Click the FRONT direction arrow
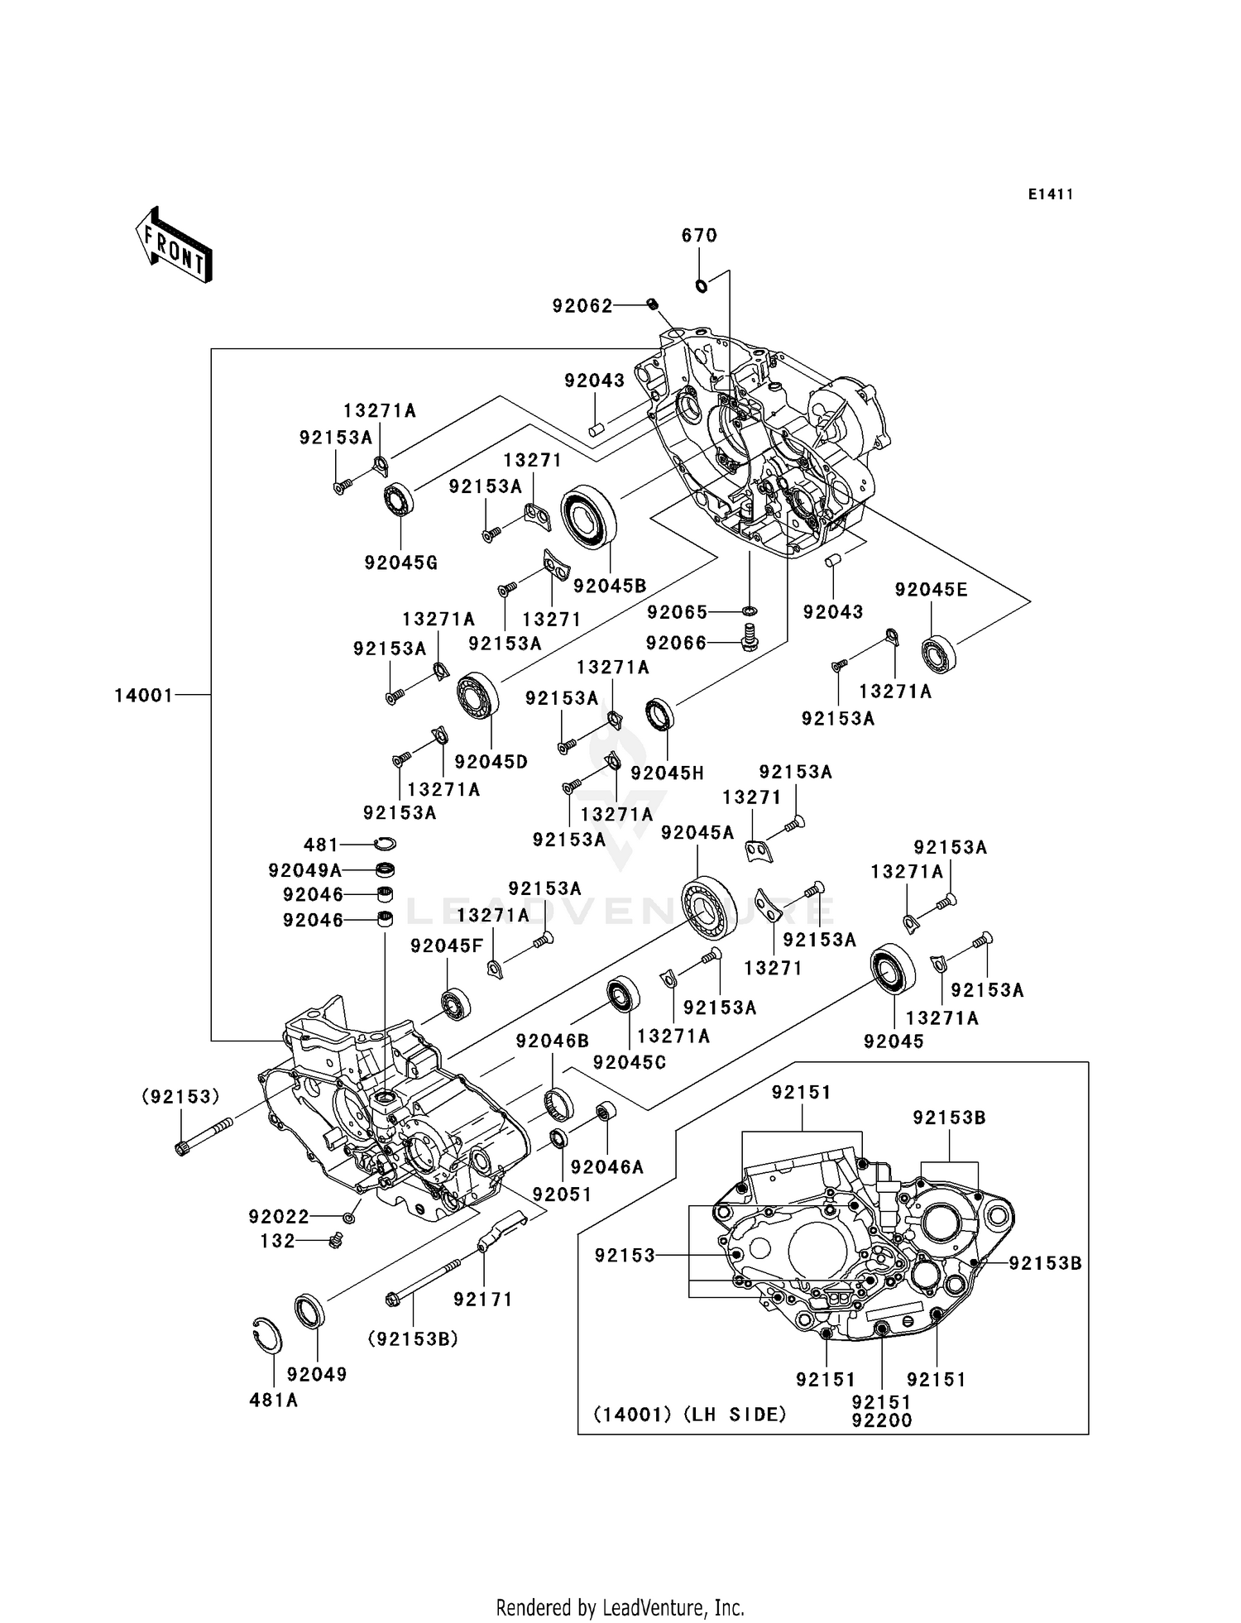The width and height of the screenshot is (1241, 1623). coord(175,246)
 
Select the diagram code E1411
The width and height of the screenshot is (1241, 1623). coord(1051,194)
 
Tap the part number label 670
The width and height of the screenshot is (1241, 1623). coord(699,236)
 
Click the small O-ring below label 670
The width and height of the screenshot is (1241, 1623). coord(702,286)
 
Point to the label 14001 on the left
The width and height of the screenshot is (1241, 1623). coord(144,696)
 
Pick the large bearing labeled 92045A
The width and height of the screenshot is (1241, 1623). coord(710,906)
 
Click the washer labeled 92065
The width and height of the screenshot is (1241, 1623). coord(750,611)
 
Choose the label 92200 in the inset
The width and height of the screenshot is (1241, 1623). coord(882,1420)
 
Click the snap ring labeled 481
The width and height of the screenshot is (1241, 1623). coord(385,844)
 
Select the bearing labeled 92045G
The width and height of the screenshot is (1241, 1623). coord(399,500)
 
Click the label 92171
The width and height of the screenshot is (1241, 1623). coord(483,1300)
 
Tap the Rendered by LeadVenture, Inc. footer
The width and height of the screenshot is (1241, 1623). coord(620,1607)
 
